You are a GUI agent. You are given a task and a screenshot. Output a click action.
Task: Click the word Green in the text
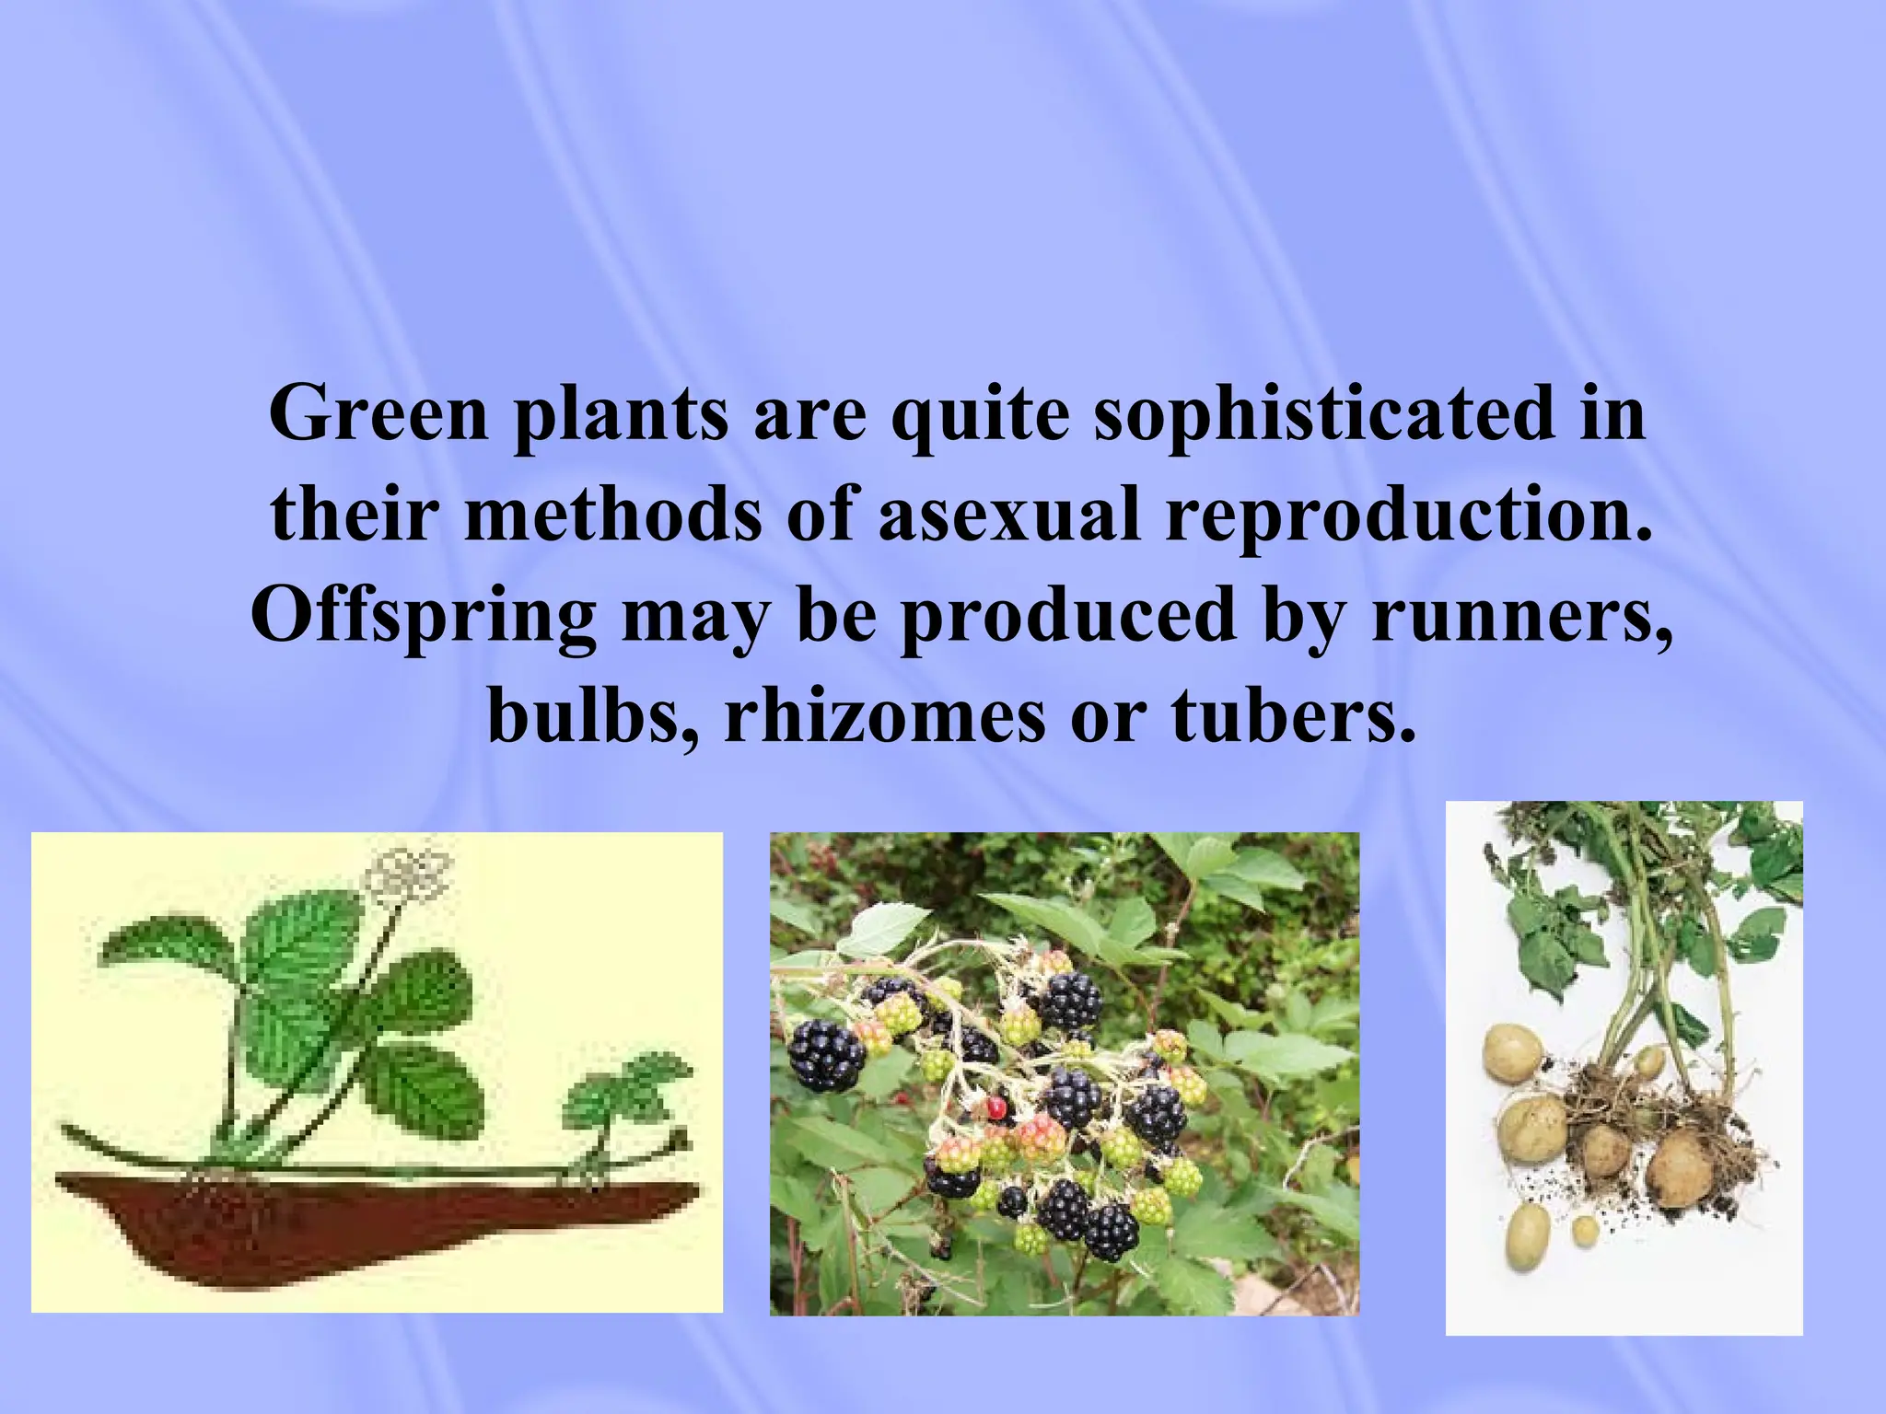point(378,414)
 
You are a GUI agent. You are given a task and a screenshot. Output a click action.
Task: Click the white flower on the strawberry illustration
point(408,873)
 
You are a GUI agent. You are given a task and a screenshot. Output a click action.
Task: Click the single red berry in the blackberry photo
point(995,1107)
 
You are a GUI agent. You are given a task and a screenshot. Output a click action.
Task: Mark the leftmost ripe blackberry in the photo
point(826,1055)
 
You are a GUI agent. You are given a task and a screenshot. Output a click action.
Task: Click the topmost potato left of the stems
point(1511,1054)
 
